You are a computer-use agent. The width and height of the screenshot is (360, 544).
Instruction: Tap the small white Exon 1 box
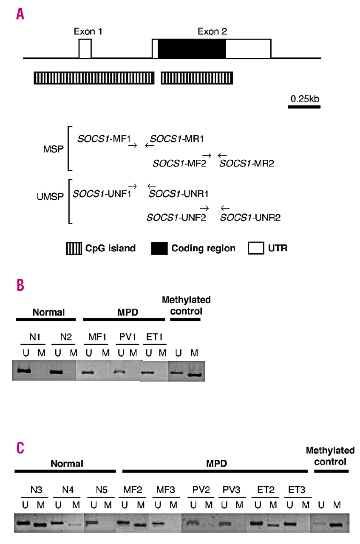coord(85,48)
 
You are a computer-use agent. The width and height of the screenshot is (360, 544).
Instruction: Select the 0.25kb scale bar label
coord(305,99)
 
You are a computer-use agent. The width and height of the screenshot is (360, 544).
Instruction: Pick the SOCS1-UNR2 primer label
coord(250,218)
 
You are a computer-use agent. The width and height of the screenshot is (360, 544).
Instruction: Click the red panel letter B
coord(20,285)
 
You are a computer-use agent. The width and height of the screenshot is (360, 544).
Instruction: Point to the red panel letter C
coord(20,448)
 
